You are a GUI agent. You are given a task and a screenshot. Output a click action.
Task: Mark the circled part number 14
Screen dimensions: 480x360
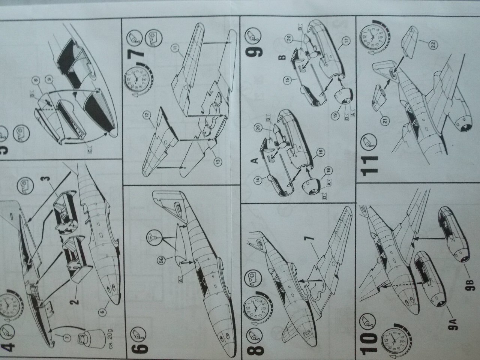(x=268, y=179)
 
